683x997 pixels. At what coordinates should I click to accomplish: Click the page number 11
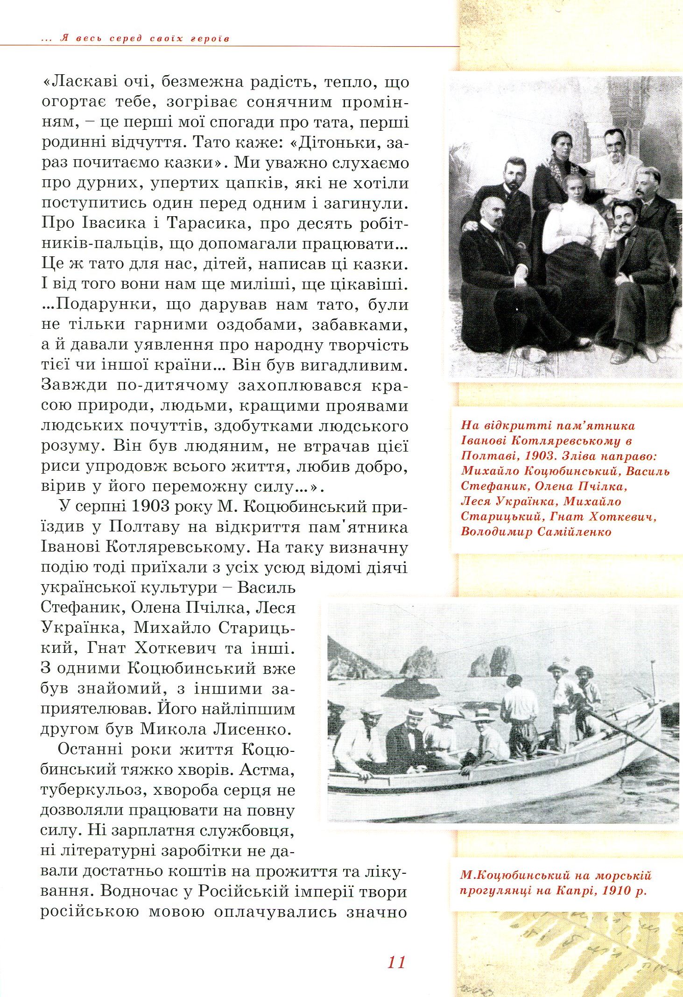point(396,962)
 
